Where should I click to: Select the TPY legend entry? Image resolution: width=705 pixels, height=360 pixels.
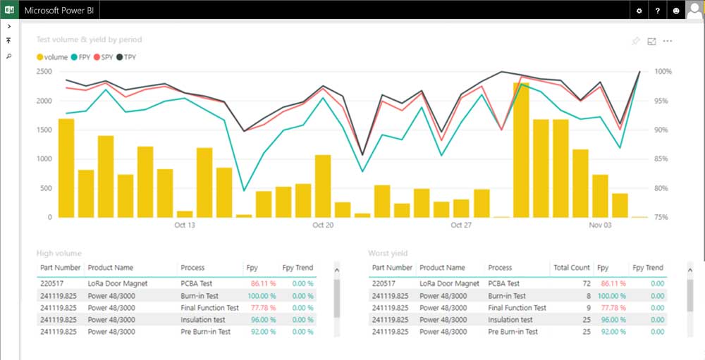129,57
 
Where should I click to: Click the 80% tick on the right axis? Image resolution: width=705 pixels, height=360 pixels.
663,188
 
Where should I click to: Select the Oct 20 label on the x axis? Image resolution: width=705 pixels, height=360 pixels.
323,225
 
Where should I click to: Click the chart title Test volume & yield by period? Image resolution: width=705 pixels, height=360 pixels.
89,40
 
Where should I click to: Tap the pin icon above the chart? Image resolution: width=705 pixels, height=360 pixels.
635,42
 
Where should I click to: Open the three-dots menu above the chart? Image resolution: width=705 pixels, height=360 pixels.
668,42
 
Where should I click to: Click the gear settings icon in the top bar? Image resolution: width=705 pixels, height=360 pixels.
639,11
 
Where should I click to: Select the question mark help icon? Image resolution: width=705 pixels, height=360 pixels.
658,11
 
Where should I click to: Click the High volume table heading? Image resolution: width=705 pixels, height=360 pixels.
59,253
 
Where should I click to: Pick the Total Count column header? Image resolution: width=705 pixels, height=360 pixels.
571,268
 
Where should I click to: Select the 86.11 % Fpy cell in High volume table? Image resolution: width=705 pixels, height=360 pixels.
262,283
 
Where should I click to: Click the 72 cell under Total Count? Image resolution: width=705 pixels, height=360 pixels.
586,283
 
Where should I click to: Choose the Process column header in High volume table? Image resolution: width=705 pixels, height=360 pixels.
192,268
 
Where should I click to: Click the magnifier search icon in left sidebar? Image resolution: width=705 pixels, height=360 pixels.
8,56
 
